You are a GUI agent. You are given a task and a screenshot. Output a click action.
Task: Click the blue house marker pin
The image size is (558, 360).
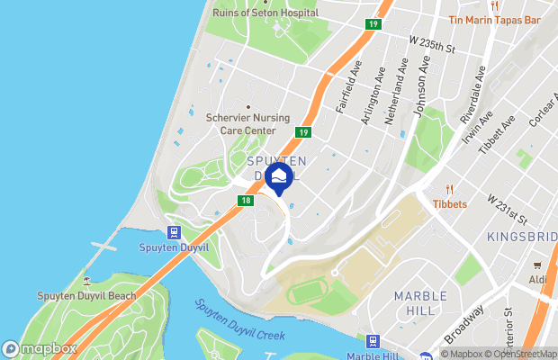point(279,176)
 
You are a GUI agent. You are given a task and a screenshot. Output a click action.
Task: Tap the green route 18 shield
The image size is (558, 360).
point(246,201)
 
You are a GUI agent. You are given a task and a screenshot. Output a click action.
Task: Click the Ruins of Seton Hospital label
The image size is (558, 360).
point(265,13)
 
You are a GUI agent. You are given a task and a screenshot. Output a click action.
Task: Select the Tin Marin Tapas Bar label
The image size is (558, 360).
point(494,19)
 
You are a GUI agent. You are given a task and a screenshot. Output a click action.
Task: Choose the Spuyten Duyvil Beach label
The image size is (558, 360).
point(86,295)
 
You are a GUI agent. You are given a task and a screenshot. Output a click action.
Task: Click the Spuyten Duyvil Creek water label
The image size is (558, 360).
point(239,319)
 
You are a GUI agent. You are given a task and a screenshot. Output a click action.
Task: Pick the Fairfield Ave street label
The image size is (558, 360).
point(348,88)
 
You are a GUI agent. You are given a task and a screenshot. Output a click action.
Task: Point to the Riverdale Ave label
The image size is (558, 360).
point(472,94)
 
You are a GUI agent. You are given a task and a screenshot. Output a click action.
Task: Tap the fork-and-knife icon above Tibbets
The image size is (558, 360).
point(449,189)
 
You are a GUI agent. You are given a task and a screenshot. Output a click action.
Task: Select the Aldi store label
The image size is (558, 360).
point(538,280)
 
